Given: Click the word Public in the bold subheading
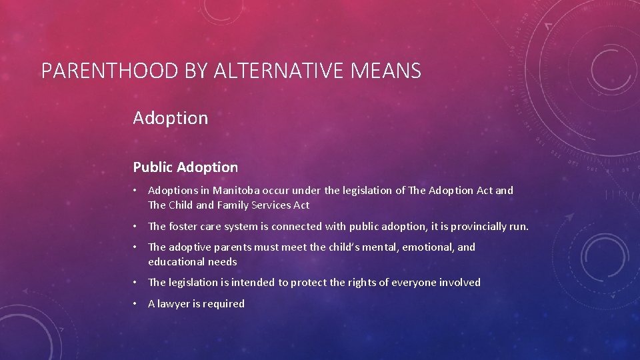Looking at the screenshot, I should coord(153,167).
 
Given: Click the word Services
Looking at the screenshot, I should coord(273,205).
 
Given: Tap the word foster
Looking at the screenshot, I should coord(184,227).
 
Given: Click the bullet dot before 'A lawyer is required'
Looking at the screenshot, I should coord(135,304).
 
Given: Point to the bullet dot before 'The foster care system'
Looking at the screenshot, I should coord(135,227).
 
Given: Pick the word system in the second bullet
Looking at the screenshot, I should coord(241,227).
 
